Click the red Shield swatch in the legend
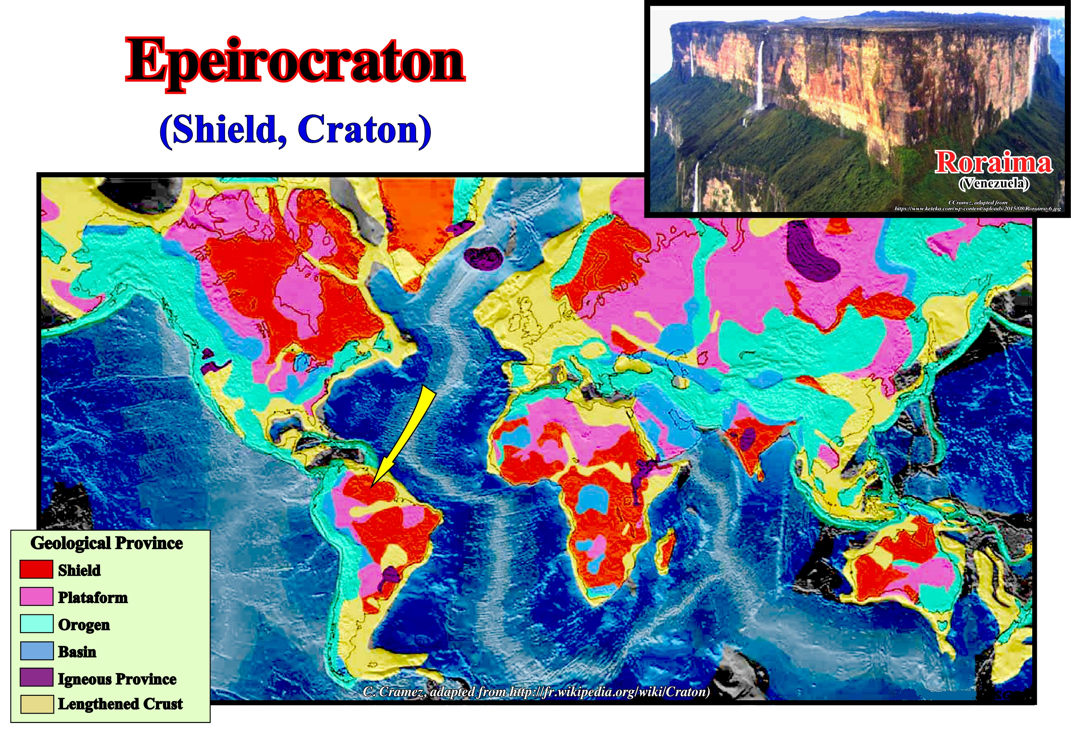pyautogui.click(x=36, y=569)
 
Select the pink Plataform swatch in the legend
pyautogui.click(x=36, y=597)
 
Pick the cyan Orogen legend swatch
pyautogui.click(x=36, y=624)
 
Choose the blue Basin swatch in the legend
pyautogui.click(x=36, y=651)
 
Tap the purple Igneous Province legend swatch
pyautogui.click(x=36, y=677)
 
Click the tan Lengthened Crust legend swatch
pyautogui.click(x=36, y=704)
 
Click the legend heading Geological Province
pyautogui.click(x=107, y=543)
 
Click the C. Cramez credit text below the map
pyautogui.click(x=536, y=691)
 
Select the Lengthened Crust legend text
pyautogui.click(x=120, y=704)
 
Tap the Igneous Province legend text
pyautogui.click(x=117, y=679)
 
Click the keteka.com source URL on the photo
pyautogui.click(x=978, y=209)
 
